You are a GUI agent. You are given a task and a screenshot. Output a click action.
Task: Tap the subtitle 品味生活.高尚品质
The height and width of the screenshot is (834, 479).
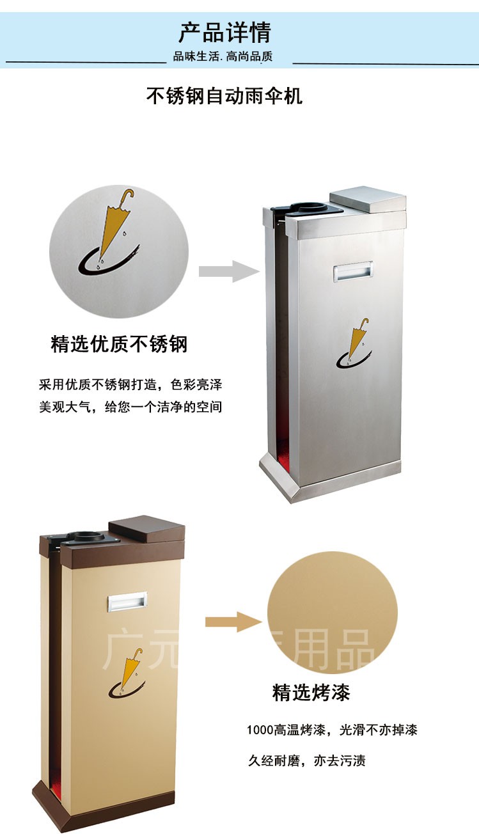point(223,57)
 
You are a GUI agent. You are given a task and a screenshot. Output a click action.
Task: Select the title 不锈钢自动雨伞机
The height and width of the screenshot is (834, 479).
point(224,96)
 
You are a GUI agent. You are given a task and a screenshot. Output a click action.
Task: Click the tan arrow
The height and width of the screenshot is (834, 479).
point(233,622)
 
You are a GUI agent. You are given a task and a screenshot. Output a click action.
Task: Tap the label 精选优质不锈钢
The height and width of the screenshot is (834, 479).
point(119,344)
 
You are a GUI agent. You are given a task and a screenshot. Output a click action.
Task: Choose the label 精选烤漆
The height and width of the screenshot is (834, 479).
point(311,692)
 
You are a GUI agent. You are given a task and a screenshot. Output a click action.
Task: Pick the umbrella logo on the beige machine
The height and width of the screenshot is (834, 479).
point(127,671)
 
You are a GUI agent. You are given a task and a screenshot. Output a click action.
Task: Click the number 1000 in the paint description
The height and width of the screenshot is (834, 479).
point(259,730)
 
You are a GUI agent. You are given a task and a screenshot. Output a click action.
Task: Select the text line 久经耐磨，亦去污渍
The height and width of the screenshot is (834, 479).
point(307,761)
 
